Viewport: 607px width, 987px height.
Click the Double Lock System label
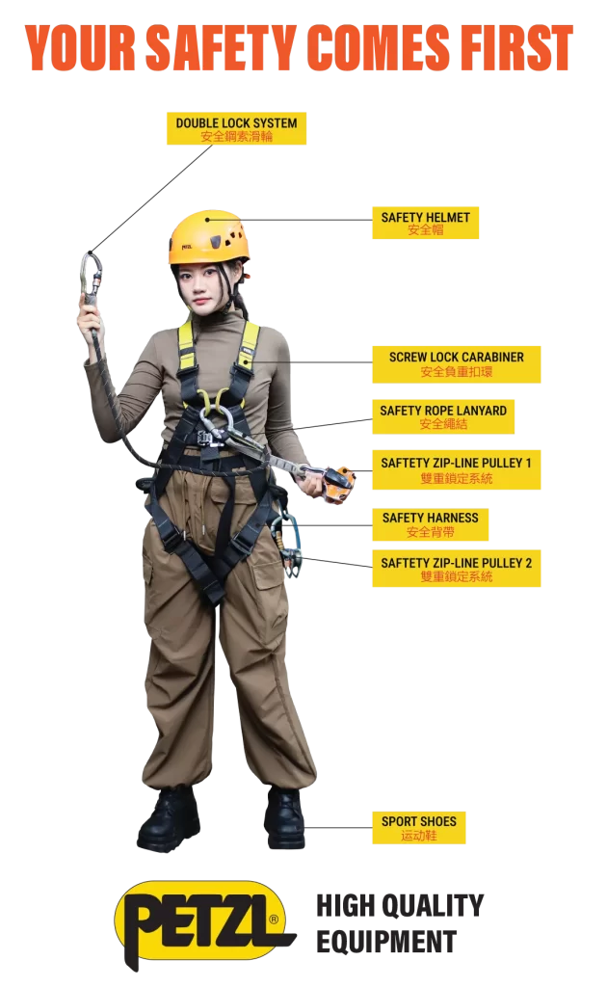236,129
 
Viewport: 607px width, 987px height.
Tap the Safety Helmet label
425,223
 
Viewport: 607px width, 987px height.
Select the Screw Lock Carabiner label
456,364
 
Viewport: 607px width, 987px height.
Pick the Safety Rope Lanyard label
443,416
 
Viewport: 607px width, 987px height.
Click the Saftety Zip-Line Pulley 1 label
456,470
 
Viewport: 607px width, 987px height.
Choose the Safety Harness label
431,525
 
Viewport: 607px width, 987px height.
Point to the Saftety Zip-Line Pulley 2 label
456,569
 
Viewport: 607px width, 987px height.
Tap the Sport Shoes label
419,828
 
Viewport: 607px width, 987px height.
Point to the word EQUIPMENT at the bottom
386,943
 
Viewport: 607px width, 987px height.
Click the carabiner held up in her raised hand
92,277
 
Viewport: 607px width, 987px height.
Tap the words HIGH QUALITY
400,905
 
